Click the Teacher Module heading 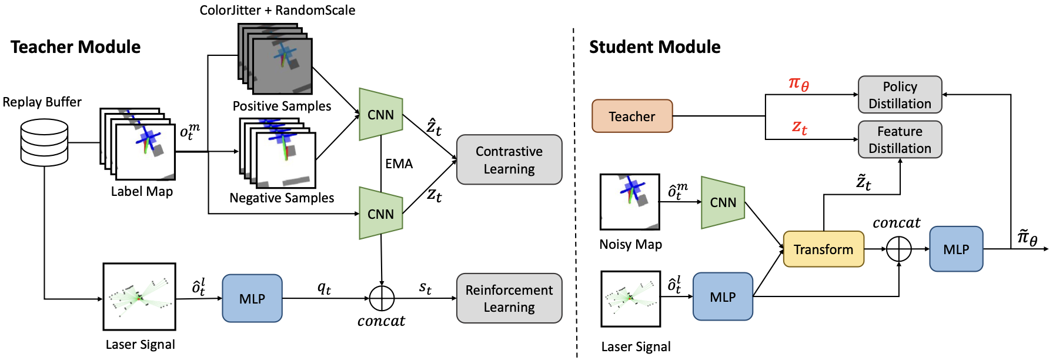point(75,47)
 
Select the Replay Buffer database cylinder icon point(44,142)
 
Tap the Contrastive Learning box point(509,159)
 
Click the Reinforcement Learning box point(509,298)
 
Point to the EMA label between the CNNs point(399,164)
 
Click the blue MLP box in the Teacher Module point(252,298)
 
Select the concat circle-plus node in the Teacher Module point(382,298)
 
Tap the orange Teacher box point(631,116)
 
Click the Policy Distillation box point(899,95)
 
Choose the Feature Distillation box point(899,139)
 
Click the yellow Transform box point(823,249)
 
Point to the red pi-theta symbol point(798,84)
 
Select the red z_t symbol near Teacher point(799,126)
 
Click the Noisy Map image point(629,201)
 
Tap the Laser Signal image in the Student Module point(630,298)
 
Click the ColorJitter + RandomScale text point(277,10)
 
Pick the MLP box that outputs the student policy point(955,249)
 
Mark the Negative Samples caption point(282,198)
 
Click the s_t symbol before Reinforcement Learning point(425,287)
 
